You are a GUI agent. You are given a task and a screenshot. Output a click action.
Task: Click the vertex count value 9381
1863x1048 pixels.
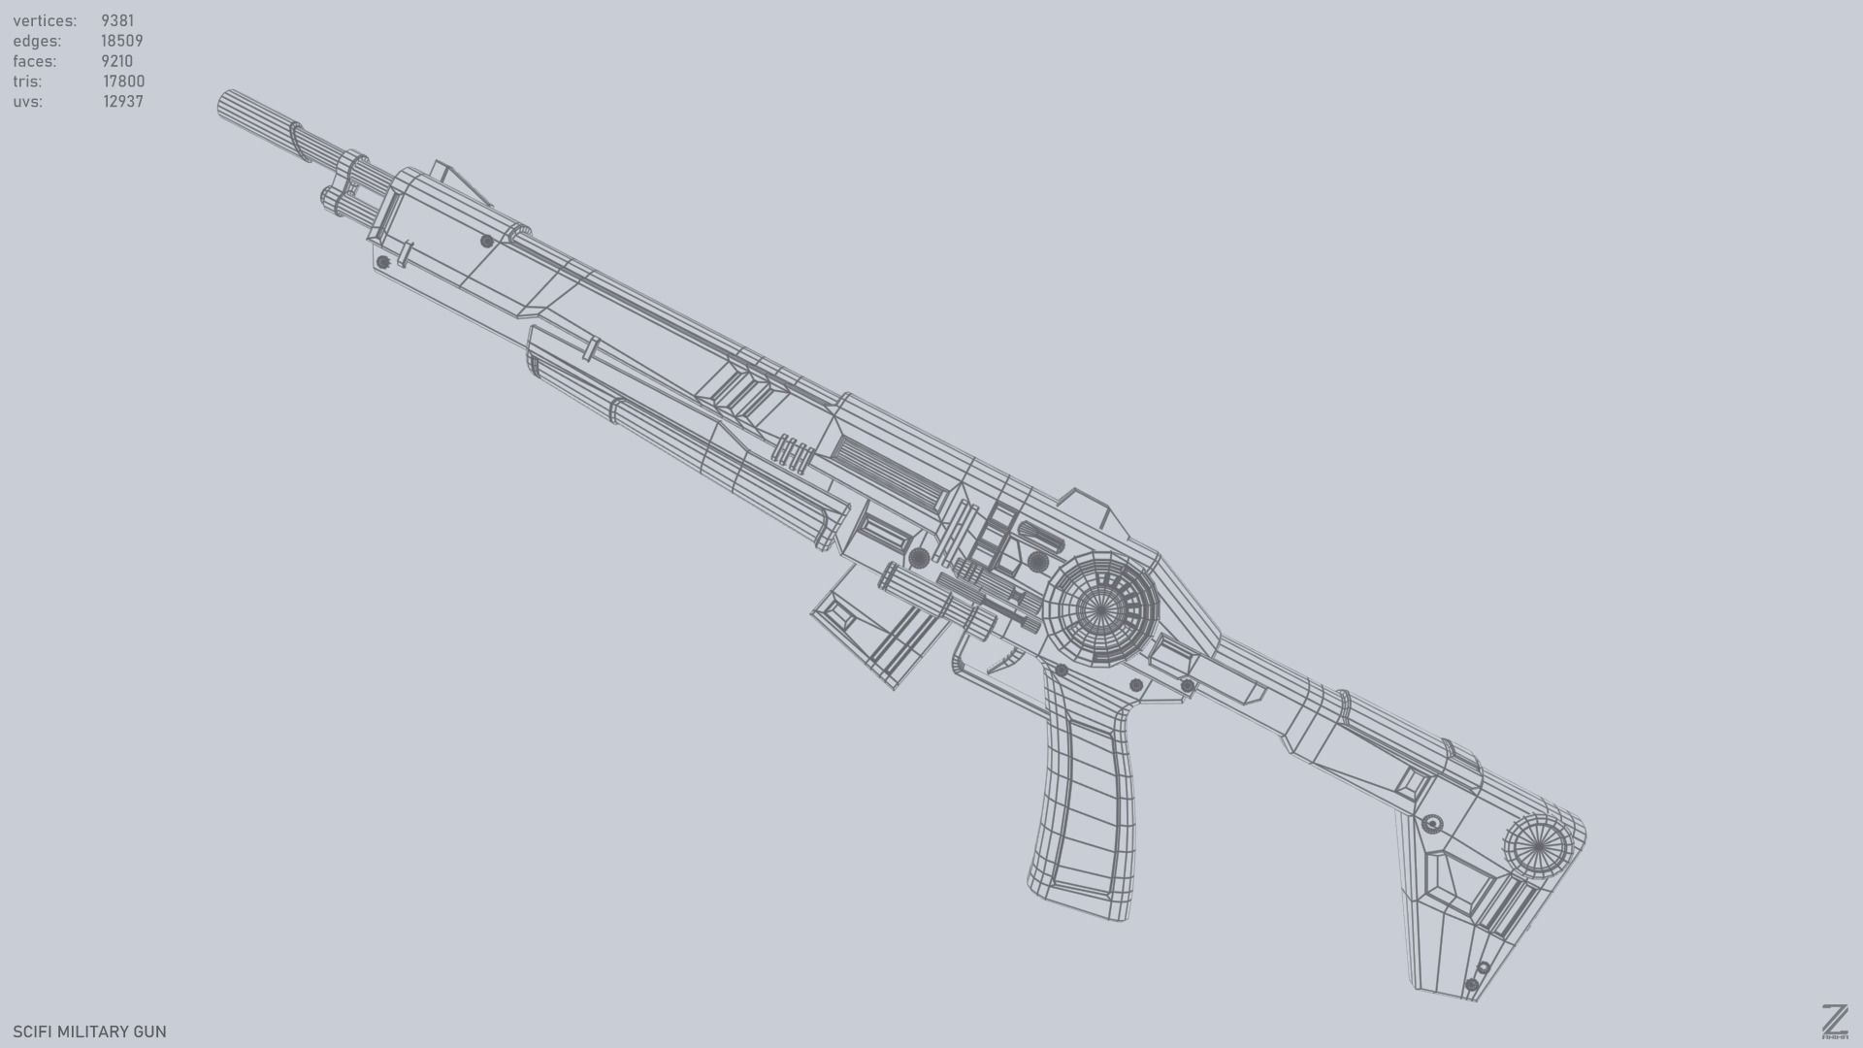tap(117, 20)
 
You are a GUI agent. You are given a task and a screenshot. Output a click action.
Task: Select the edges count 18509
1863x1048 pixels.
tap(122, 41)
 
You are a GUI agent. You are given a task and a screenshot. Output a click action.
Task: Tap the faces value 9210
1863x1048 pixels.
tap(116, 61)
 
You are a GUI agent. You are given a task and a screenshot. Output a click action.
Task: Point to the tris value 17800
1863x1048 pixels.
tap(124, 82)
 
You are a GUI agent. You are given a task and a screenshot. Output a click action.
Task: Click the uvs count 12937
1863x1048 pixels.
tap(123, 102)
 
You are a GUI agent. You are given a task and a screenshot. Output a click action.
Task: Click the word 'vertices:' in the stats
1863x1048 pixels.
tap(45, 20)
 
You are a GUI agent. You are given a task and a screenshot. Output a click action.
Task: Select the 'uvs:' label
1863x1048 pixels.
tap(27, 102)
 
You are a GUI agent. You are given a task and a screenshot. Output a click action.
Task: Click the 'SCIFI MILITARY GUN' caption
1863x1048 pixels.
tap(89, 1032)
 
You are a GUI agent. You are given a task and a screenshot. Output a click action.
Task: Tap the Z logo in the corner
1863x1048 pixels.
tap(1834, 1021)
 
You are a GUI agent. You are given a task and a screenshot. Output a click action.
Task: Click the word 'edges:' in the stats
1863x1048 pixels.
tap(37, 41)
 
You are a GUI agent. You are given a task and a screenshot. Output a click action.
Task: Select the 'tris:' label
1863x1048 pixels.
tap(28, 82)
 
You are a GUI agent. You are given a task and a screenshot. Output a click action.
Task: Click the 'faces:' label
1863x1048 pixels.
tap(35, 61)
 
